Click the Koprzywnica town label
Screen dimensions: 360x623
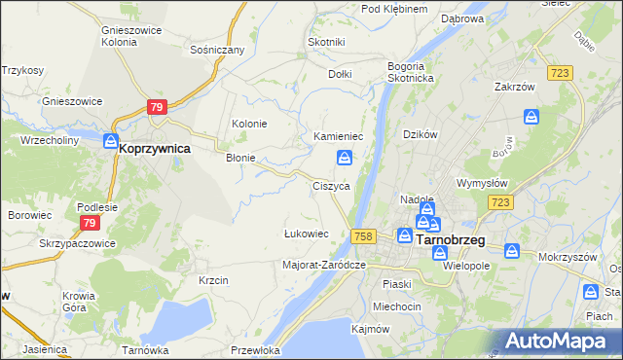(x=154, y=150)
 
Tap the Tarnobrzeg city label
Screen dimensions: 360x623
(x=451, y=238)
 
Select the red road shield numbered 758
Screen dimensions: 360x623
(x=364, y=236)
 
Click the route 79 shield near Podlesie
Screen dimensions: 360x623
(x=85, y=223)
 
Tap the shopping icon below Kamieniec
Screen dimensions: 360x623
(x=346, y=158)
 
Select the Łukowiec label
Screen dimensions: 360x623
(x=305, y=234)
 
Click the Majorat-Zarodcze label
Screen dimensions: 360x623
(x=323, y=265)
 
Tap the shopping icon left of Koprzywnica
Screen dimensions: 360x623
(x=111, y=142)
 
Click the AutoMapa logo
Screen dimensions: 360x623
(x=563, y=341)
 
